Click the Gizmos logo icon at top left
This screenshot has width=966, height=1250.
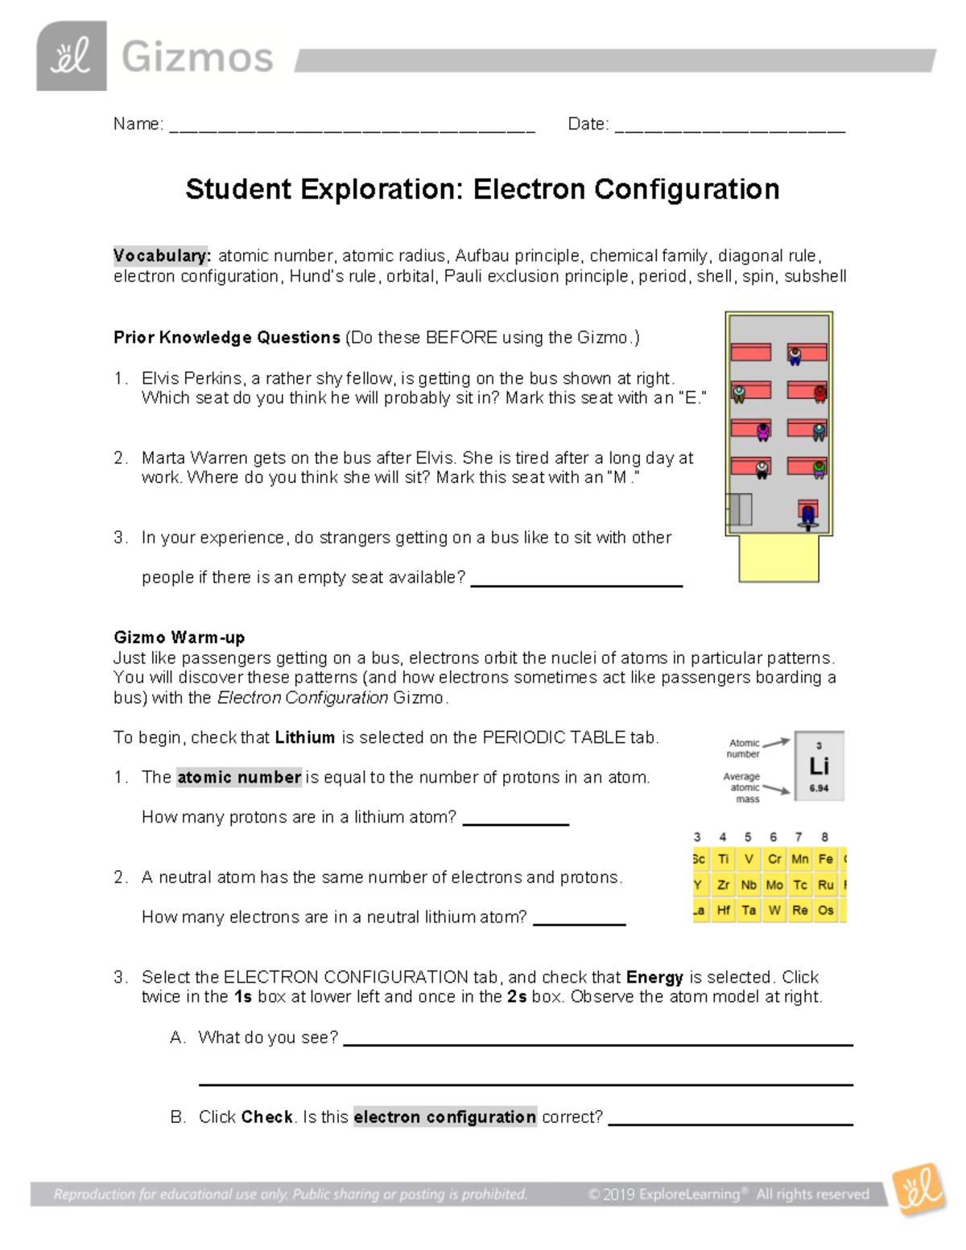point(71,56)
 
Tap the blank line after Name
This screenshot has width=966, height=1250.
point(352,130)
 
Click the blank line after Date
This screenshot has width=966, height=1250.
point(729,130)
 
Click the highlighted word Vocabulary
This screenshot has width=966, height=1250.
point(161,256)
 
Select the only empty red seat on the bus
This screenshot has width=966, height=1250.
point(750,353)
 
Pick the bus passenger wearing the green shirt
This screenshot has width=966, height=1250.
point(818,468)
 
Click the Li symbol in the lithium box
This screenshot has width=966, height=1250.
point(819,766)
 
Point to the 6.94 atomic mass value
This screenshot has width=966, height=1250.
point(819,789)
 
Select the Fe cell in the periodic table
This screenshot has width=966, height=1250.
point(825,859)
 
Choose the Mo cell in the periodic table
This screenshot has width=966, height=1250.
point(774,885)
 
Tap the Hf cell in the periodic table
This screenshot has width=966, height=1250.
point(723,910)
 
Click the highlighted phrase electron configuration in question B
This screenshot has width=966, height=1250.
point(444,1117)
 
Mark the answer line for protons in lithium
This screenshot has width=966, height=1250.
point(515,823)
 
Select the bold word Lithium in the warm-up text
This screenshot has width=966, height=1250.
point(304,737)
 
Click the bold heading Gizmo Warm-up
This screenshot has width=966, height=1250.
point(179,637)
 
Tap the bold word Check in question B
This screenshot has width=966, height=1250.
point(267,1117)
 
